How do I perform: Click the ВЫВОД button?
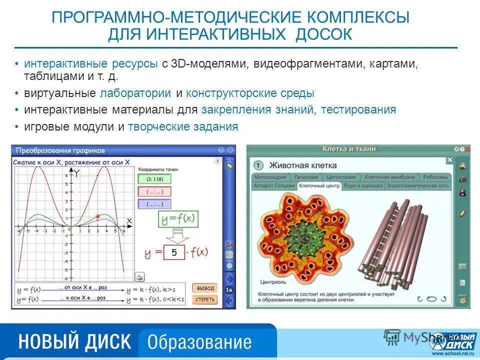pyautogui.click(x=205, y=288)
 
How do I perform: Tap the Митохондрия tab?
pyautogui.click(x=270, y=177)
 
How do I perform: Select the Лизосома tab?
pyautogui.click(x=305, y=177)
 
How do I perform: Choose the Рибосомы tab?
pyautogui.click(x=435, y=177)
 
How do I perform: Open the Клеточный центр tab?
pyautogui.click(x=319, y=185)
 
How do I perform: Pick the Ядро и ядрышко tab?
pyautogui.click(x=363, y=185)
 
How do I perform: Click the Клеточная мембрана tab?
pyautogui.click(x=389, y=177)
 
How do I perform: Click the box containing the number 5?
pyautogui.click(x=174, y=252)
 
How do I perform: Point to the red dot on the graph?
pyautogui.click(x=97, y=216)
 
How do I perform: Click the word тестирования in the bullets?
pyautogui.click(x=358, y=109)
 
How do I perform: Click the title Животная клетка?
pyautogui.click(x=303, y=165)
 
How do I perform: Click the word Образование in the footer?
pyautogui.click(x=199, y=342)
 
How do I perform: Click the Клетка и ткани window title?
pyautogui.click(x=349, y=149)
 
